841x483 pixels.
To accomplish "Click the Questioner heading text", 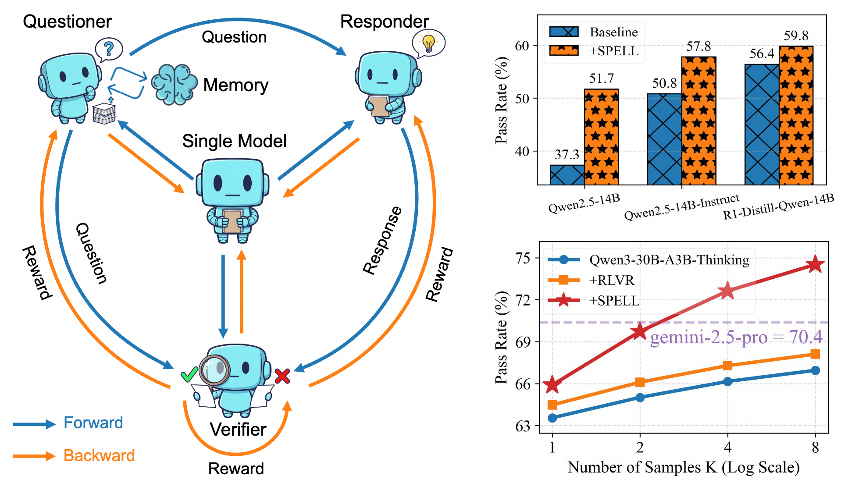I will tap(67, 21).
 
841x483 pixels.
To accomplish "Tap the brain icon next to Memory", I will tap(174, 85).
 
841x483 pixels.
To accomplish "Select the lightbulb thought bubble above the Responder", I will tap(428, 43).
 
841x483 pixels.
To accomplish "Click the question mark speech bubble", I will tap(109, 49).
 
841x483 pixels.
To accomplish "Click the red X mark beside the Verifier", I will tap(282, 376).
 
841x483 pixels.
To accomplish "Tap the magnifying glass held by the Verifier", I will tap(214, 370).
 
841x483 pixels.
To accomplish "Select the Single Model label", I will tap(234, 141).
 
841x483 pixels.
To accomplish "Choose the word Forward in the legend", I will tap(93, 423).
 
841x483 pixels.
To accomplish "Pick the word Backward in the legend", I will tap(99, 455).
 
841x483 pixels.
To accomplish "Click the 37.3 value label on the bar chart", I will tap(567, 154).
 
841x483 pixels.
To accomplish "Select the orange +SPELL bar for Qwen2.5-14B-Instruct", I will tap(698, 121).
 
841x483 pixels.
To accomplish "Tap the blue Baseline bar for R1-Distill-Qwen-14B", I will tap(762, 124).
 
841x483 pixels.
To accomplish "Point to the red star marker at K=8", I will tap(815, 264).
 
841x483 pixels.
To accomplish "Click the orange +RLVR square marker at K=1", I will tap(552, 405).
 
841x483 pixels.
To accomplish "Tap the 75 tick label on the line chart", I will tap(523, 258).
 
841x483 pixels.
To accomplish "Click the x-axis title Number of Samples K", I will tap(683, 467).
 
